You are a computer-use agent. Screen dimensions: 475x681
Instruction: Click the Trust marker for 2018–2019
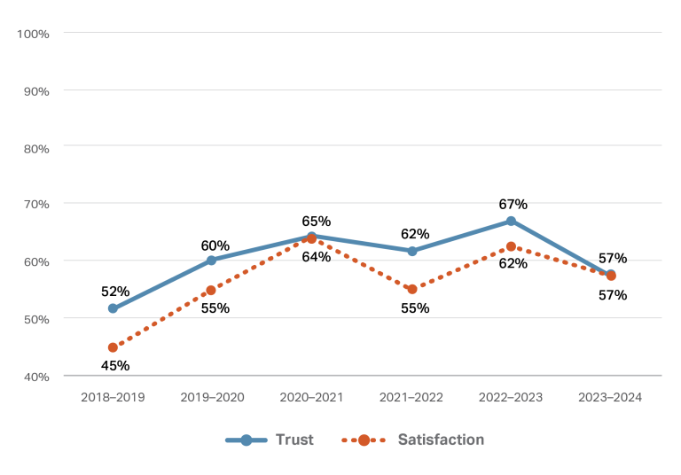click(113, 308)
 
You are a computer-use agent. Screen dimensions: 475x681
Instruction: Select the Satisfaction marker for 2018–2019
click(113, 347)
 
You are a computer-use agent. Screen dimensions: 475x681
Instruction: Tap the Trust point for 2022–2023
click(511, 221)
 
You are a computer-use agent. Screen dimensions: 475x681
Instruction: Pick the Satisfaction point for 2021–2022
click(411, 289)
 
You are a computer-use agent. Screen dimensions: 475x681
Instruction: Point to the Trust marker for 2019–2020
click(211, 261)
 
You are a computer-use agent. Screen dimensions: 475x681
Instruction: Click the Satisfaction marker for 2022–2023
click(511, 246)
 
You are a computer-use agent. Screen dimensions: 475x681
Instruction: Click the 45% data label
click(115, 365)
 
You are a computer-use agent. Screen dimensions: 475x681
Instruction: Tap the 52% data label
click(115, 292)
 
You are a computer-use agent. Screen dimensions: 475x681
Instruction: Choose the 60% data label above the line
click(215, 245)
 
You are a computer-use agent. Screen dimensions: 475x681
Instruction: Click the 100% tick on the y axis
click(33, 33)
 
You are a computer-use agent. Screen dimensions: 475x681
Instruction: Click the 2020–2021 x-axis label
click(312, 398)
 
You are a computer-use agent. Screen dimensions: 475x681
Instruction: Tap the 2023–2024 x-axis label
click(610, 398)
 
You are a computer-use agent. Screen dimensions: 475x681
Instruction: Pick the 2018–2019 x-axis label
click(113, 398)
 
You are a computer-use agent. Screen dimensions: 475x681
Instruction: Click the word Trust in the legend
click(294, 440)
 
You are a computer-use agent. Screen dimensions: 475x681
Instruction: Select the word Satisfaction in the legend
click(441, 440)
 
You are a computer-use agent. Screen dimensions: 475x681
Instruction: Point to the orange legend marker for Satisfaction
click(364, 440)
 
